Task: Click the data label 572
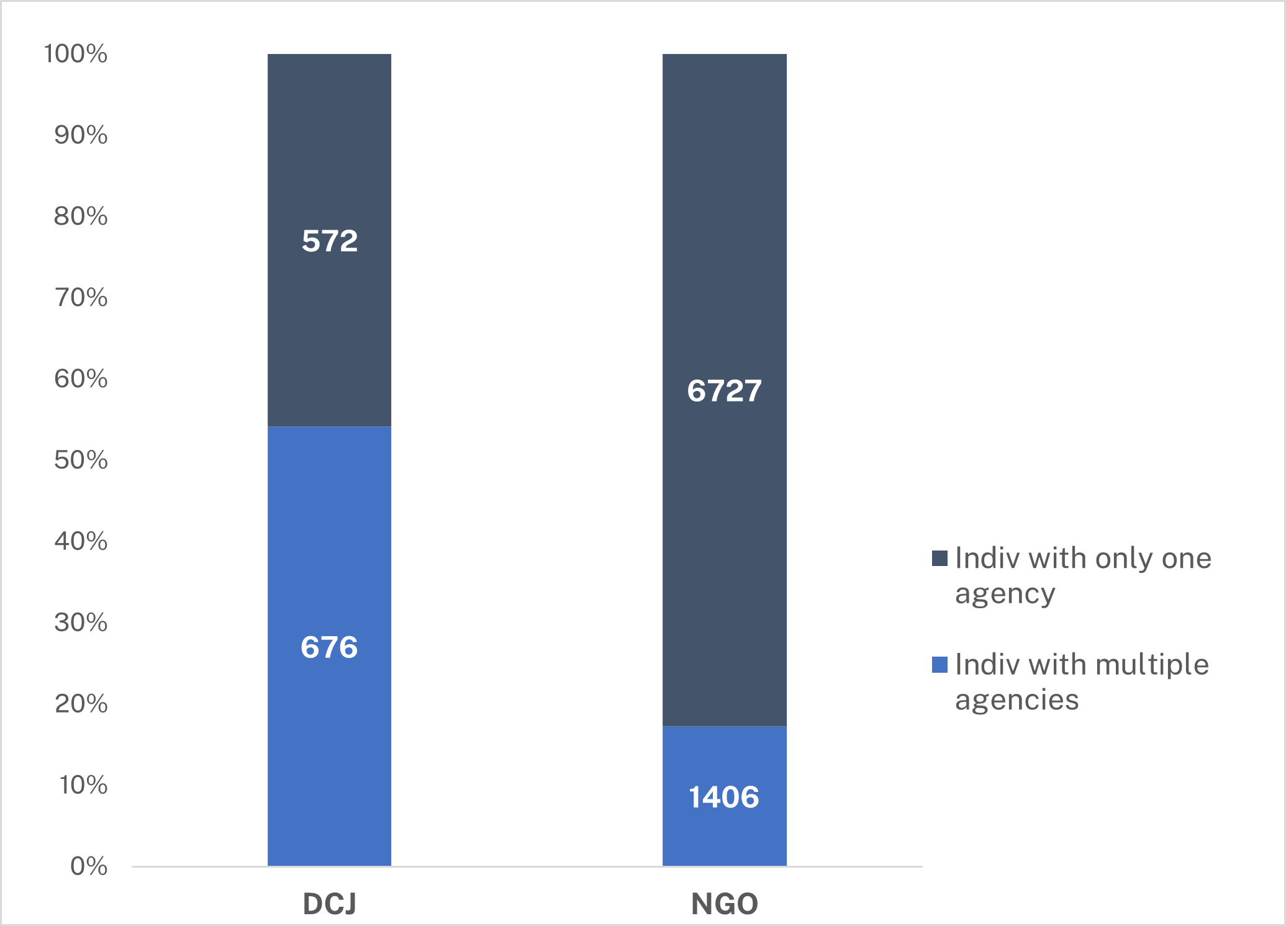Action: coord(330,241)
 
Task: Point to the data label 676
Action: coord(329,647)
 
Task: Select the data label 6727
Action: coord(724,391)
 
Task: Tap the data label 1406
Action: coord(724,797)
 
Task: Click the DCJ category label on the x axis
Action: coord(329,904)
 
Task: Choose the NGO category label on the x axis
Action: coord(725,904)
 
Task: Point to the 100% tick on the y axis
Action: coord(76,54)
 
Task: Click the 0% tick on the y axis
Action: coord(89,866)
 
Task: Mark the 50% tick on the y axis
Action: coord(81,460)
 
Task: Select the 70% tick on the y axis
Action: coord(81,297)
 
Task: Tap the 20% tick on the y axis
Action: coord(81,704)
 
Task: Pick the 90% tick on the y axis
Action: coord(81,135)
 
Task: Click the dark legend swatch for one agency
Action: coord(940,559)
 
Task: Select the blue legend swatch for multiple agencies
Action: coord(940,665)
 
